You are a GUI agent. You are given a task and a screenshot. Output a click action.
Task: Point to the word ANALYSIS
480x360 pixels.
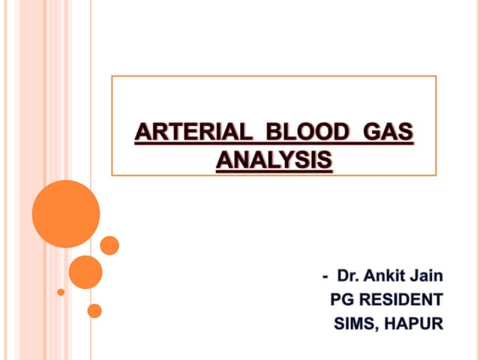pyautogui.click(x=274, y=160)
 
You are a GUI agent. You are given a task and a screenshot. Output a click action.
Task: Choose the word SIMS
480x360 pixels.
pyautogui.click(x=355, y=325)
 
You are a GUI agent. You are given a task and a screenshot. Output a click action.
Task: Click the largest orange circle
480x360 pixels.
pyautogui.click(x=66, y=214)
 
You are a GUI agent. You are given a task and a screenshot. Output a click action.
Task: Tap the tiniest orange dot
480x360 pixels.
pyautogui.click(x=61, y=292)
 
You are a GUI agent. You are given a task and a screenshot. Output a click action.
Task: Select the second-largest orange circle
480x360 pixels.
pyautogui.click(x=85, y=271)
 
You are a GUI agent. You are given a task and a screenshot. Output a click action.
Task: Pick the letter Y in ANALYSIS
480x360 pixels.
pyautogui.click(x=287, y=160)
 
